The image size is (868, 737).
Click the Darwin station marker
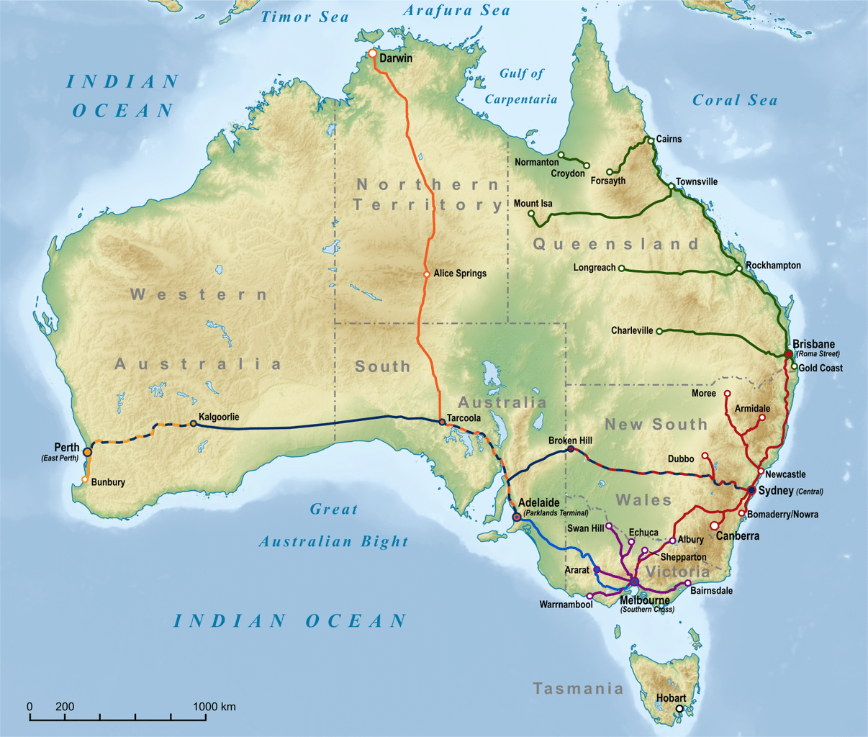[372, 54]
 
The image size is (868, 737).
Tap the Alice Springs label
[459, 273]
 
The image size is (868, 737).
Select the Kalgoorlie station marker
[193, 424]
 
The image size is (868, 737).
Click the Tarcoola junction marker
[442, 422]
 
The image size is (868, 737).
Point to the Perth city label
[67, 448]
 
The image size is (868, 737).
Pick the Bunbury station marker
[86, 479]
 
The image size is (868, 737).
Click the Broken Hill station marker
[571, 448]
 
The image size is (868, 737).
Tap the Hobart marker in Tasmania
[679, 709]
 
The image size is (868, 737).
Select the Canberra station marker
[714, 526]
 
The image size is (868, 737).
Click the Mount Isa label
[533, 204]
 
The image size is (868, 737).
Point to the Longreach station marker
[622, 268]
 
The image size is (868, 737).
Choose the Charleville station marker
[659, 331]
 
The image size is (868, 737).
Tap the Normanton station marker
[561, 155]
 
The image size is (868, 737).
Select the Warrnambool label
[566, 605]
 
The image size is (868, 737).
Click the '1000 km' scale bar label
[214, 707]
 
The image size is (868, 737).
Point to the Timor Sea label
[304, 17]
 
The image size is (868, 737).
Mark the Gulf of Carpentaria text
[521, 86]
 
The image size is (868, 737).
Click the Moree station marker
[727, 394]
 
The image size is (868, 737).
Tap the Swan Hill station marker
[609, 525]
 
